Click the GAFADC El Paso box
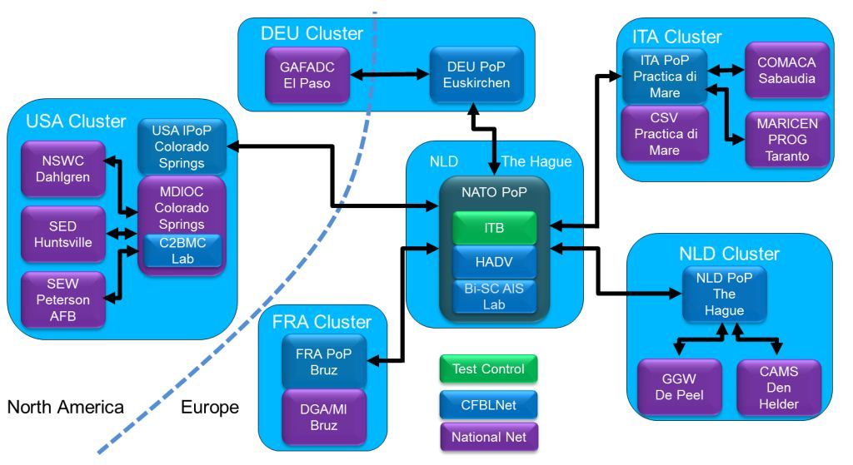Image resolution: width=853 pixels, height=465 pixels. coord(305,73)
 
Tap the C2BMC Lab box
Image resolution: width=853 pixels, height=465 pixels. coord(182,250)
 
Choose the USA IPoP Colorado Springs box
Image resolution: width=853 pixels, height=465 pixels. coord(182,146)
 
